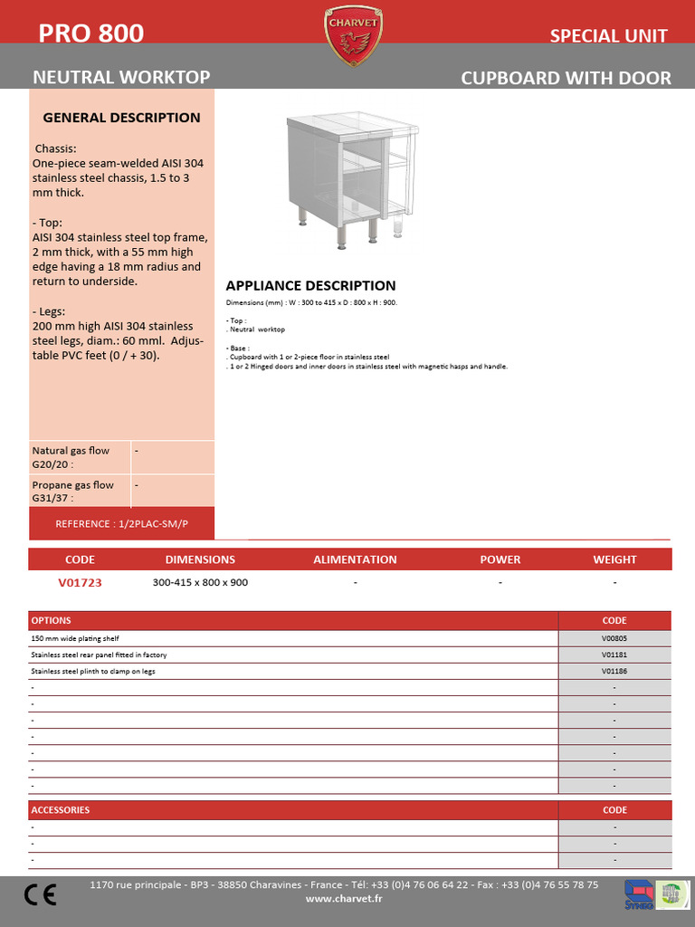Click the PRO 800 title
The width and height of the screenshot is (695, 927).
click(x=90, y=34)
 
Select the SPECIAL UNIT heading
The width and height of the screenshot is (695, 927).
click(x=608, y=36)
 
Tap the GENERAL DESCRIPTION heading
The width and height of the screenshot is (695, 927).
click(x=122, y=118)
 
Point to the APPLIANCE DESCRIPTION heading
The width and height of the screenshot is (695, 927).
click(x=310, y=286)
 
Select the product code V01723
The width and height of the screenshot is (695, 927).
click(x=80, y=583)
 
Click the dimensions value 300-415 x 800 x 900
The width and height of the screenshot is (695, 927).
click(x=200, y=583)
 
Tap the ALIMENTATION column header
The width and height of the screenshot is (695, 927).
click(x=355, y=559)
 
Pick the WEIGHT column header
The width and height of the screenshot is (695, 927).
click(x=614, y=559)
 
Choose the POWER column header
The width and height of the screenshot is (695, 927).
click(x=500, y=559)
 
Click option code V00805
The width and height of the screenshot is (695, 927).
click(x=614, y=638)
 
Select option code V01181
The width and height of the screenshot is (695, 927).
click(x=614, y=655)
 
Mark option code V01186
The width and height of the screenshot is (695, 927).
click(x=614, y=671)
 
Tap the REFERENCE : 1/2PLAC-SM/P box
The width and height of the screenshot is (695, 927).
click(x=122, y=524)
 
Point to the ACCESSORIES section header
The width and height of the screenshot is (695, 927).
click(x=61, y=810)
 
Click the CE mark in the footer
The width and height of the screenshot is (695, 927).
click(x=41, y=895)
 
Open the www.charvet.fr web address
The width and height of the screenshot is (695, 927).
click(x=344, y=899)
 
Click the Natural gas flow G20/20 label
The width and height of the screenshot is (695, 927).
click(x=71, y=457)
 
